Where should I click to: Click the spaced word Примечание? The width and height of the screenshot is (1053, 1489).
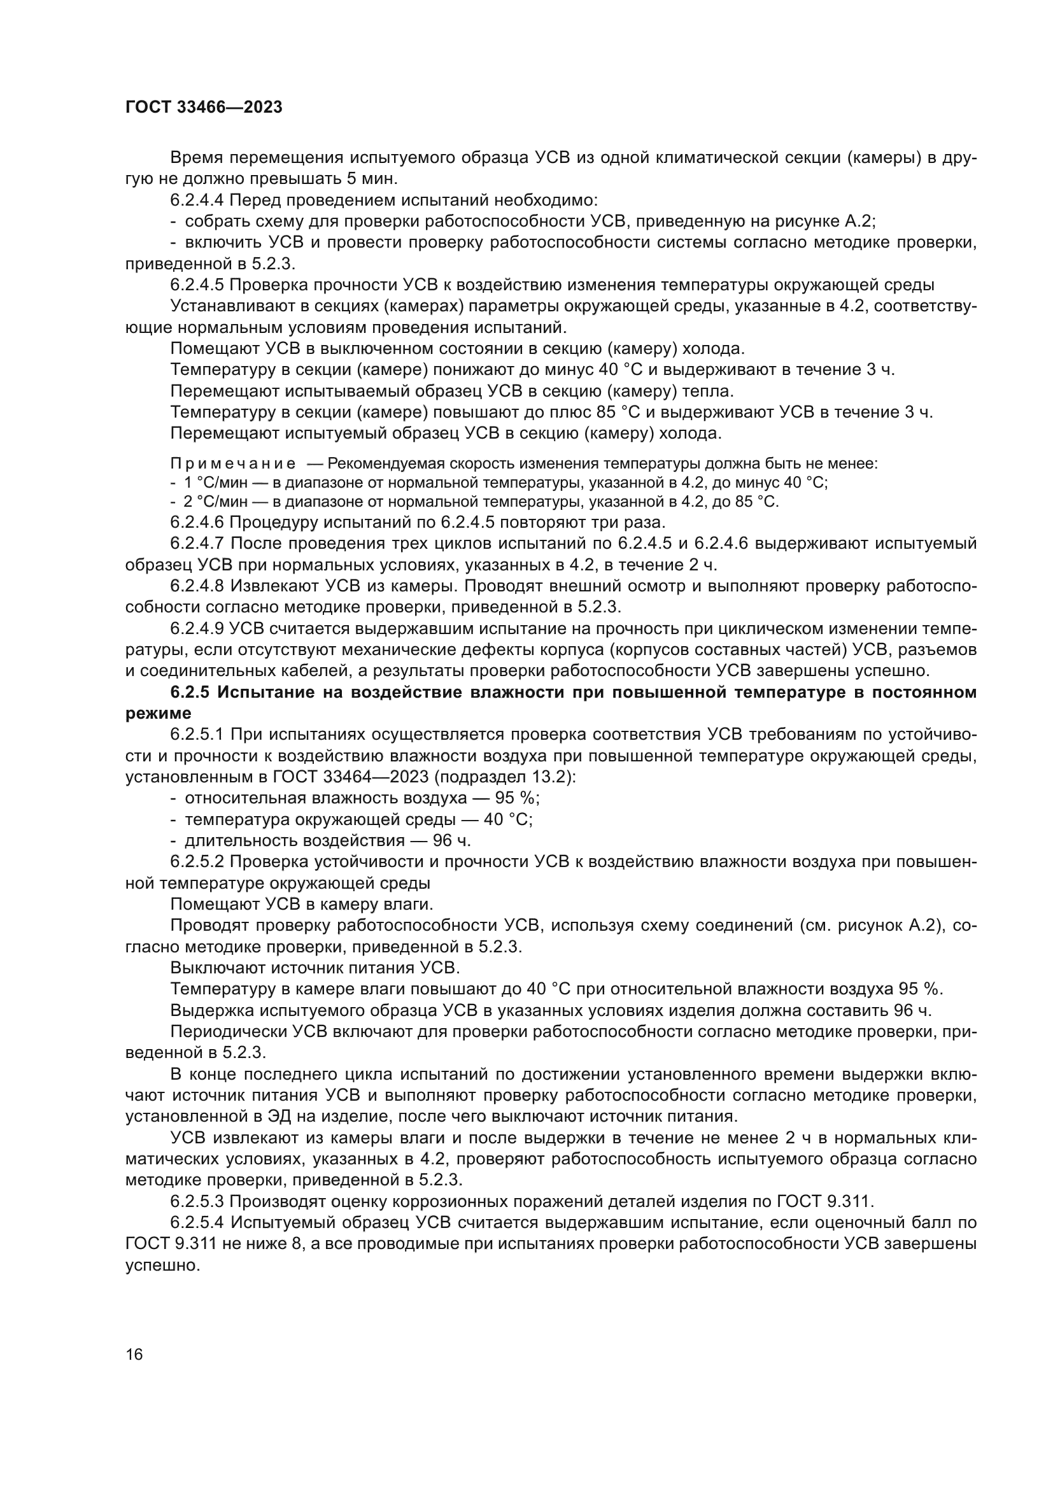[233, 464]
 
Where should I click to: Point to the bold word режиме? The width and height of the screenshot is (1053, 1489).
[159, 714]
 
